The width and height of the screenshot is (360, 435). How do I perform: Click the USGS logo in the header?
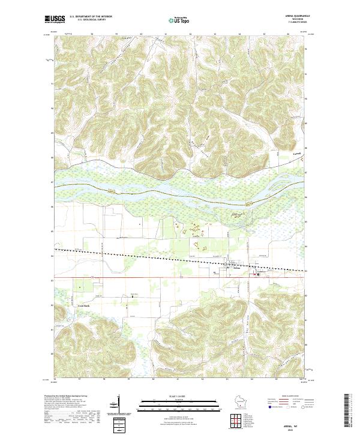coord(54,19)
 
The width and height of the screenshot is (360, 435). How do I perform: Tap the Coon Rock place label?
coord(82,304)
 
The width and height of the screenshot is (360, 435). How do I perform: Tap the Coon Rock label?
coord(82,304)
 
